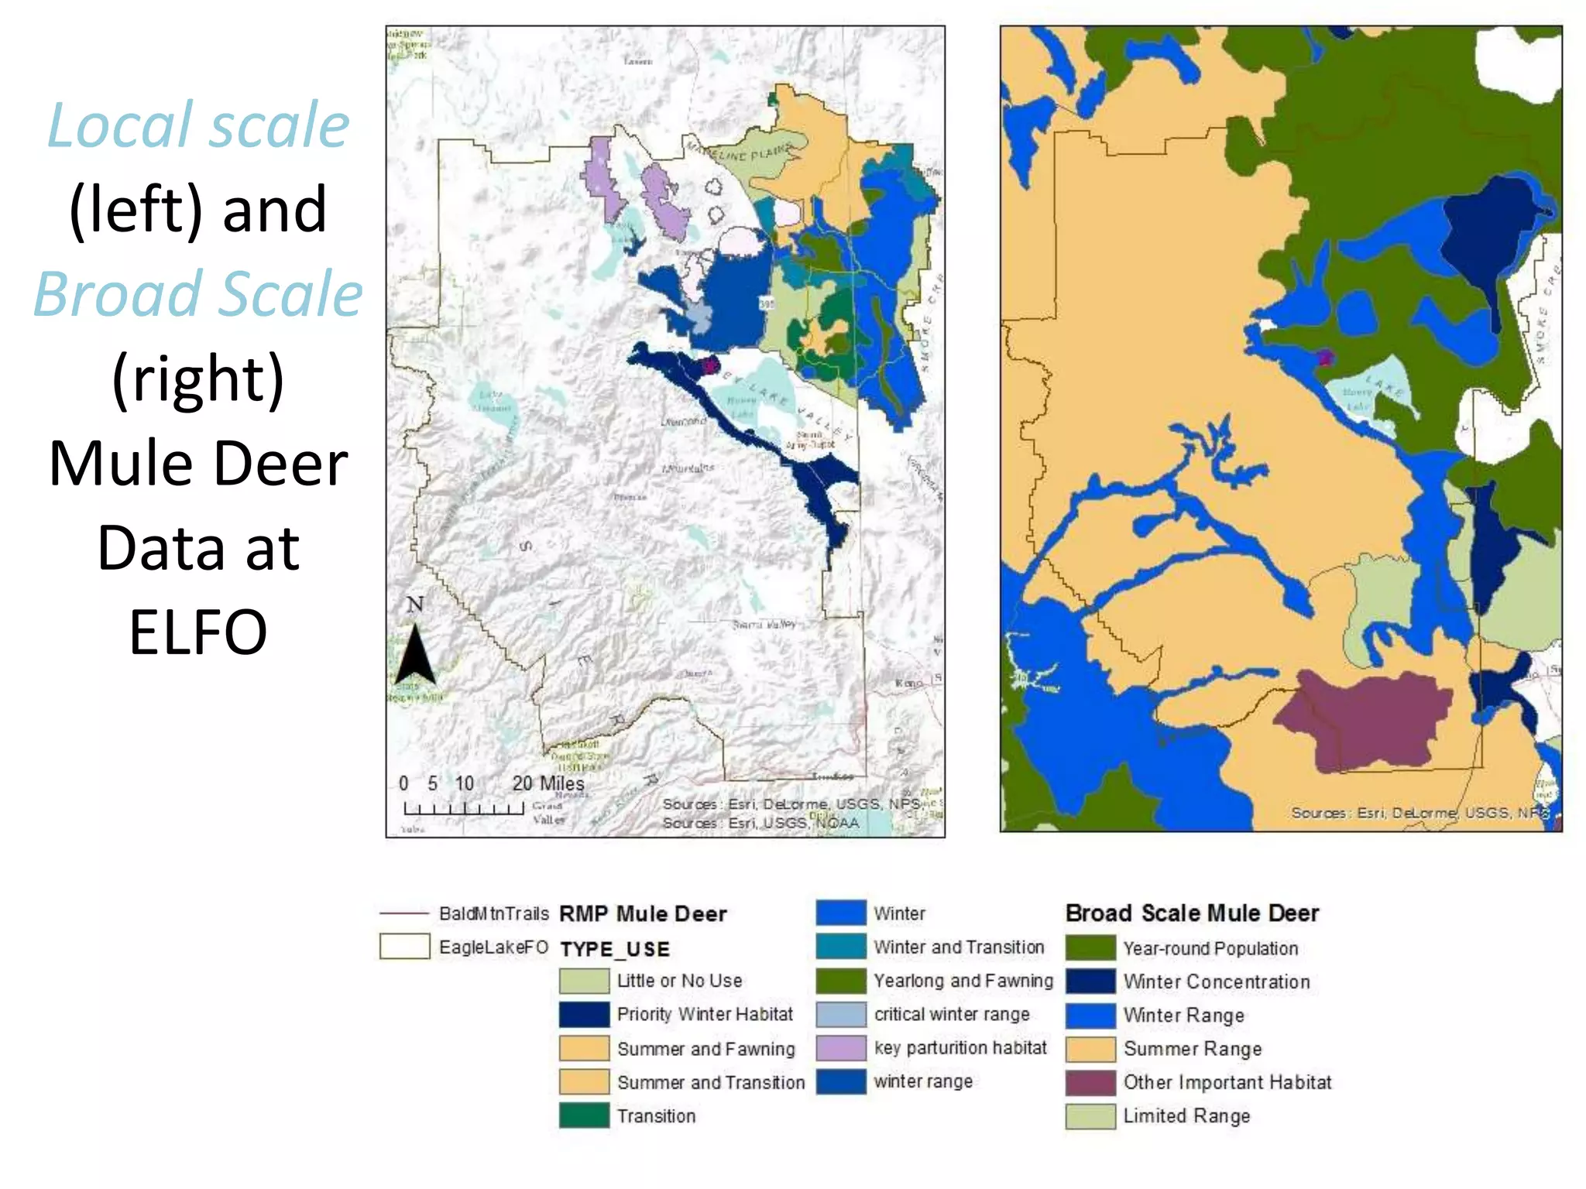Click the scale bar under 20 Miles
click(463, 809)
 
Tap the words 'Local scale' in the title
click(198, 125)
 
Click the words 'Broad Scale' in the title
click(198, 294)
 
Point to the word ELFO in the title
click(198, 632)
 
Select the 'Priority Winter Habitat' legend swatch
click(584, 1015)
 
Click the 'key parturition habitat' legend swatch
click(840, 1048)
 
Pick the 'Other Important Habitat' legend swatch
click(1090, 1082)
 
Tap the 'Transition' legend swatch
click(584, 1115)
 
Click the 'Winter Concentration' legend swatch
click(1090, 982)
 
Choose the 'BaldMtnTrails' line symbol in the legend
click(403, 914)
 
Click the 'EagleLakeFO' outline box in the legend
click(404, 947)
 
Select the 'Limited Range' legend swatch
click(1090, 1116)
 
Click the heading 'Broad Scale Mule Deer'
click(1192, 913)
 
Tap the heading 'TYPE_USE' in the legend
click(614, 949)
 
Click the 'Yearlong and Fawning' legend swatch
click(840, 981)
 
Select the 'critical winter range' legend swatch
click(840, 1015)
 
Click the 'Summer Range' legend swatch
click(1090, 1049)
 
